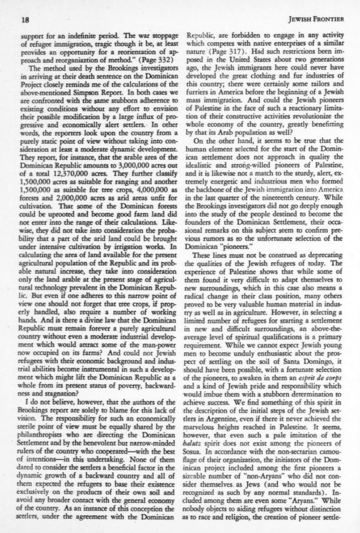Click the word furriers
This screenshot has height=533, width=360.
(201, 91)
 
